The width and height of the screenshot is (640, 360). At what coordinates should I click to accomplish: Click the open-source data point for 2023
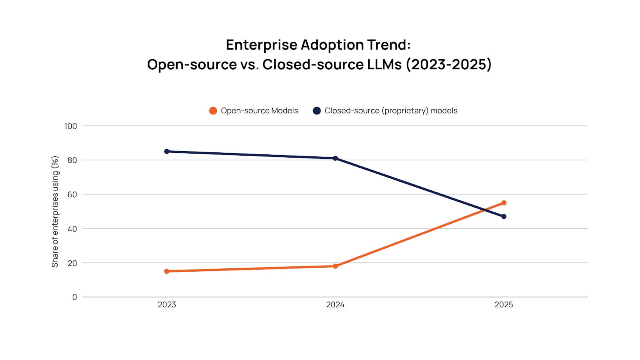pos(167,271)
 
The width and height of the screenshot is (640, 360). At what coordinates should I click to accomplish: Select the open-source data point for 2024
pos(335,266)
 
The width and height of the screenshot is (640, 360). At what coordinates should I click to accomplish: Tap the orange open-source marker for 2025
pos(504,203)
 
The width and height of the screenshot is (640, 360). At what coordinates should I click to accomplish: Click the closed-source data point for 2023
pos(167,152)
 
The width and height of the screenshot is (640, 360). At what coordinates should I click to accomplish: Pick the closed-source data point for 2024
pos(335,158)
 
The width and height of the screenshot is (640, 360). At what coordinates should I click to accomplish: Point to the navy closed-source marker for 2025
pos(504,216)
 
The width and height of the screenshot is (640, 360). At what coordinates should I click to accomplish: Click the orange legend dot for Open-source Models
pos(213,111)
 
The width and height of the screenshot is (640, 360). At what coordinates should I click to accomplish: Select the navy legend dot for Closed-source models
pos(317,111)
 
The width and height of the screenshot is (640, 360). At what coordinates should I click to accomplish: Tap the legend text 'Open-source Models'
pos(259,111)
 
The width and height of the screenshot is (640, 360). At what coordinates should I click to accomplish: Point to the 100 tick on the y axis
pos(70,126)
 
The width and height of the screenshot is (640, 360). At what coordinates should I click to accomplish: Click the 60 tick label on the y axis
pos(72,194)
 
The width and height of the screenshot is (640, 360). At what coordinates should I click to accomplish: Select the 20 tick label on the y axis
pos(72,263)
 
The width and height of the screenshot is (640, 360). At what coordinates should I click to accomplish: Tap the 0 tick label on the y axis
pos(74,297)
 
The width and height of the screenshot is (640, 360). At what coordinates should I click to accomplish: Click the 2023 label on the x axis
pos(167,305)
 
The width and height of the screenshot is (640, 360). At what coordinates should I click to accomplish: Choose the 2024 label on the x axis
pos(335,305)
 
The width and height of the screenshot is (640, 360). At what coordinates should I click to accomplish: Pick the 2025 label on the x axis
pos(504,305)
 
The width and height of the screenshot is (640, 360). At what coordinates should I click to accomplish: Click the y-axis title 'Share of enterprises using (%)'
pos(55,212)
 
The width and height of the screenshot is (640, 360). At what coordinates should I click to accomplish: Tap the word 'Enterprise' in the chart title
pos(262,45)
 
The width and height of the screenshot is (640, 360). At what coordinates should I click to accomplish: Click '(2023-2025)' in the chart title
pos(448,64)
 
